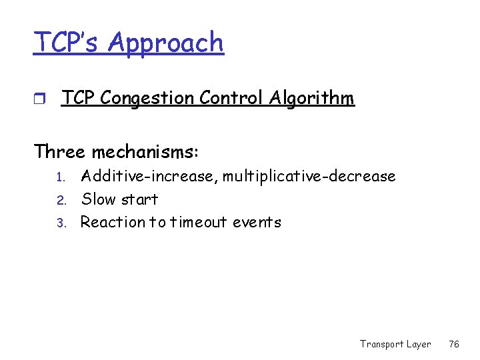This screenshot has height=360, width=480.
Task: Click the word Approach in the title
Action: [165, 43]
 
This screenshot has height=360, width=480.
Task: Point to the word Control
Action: [227, 99]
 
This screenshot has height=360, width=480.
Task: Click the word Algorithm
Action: [311, 99]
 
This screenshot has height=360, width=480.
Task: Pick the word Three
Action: [59, 152]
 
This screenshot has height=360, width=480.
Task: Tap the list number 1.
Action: [59, 177]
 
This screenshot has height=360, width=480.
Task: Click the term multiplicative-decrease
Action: [309, 177]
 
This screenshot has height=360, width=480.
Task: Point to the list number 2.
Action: [59, 200]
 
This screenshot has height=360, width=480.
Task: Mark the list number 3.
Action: [59, 223]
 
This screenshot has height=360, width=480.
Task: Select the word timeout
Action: [200, 222]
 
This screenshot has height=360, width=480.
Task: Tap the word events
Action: [257, 222]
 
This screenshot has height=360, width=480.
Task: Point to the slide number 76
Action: [454, 344]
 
